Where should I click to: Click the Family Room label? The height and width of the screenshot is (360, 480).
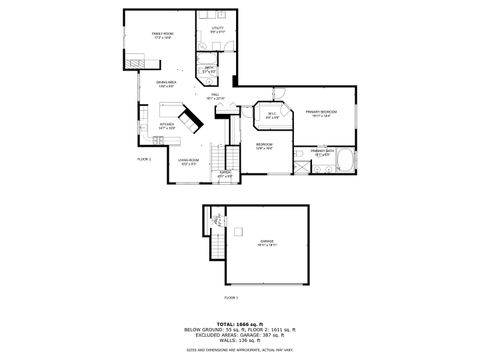coord(161,35)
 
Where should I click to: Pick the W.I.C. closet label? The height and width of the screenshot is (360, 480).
coord(271,114)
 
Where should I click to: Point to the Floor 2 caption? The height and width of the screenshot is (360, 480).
coord(144,159)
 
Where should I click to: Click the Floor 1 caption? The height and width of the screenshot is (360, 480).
coord(231,297)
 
